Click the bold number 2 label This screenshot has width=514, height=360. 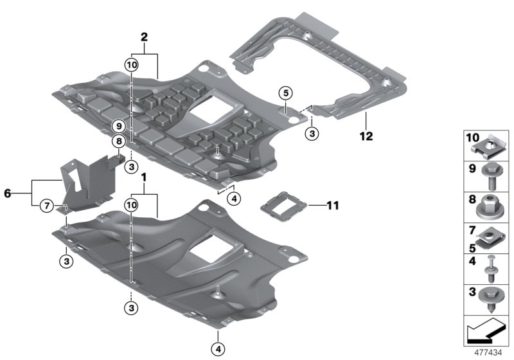145,39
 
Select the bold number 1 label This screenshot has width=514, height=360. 145,176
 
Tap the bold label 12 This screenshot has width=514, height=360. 366,136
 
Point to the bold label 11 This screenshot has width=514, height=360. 332,206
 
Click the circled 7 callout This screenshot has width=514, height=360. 47,206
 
